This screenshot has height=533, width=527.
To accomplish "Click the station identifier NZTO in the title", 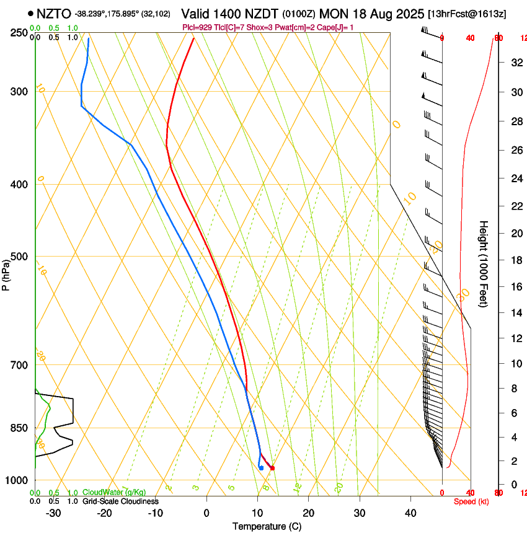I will [53, 13].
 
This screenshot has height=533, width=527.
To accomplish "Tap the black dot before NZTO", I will [30, 13].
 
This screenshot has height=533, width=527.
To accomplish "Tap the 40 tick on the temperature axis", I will [410, 513].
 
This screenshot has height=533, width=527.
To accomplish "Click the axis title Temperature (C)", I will [267, 526].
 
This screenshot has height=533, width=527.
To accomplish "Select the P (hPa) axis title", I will [6, 275].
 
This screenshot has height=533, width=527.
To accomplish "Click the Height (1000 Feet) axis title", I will [484, 264].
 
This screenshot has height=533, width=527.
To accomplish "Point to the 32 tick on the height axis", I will [515, 62].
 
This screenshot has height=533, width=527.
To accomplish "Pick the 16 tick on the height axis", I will [515, 286].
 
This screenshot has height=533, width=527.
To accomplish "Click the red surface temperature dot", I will [272, 468].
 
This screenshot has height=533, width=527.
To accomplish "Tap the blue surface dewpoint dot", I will [261, 468].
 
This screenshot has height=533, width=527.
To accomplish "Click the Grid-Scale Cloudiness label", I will [120, 501].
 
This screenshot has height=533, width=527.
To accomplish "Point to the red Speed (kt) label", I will [471, 501].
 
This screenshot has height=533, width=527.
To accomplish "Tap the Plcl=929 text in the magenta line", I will [198, 27].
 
